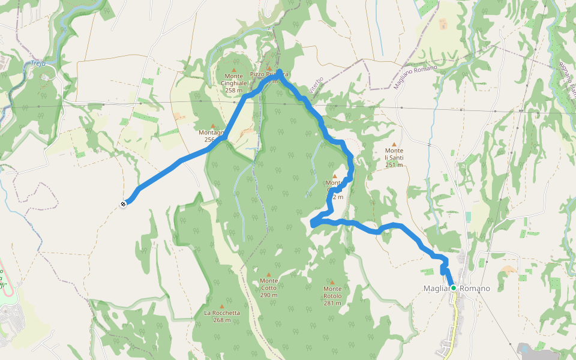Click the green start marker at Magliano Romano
(x=454, y=288)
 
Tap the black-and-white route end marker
(x=123, y=204)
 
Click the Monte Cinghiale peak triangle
(x=234, y=70)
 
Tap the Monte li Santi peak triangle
(x=394, y=145)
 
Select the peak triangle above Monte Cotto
(x=269, y=274)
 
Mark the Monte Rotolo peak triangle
(x=332, y=282)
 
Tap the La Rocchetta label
(x=222, y=313)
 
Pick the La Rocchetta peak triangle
(x=222, y=305)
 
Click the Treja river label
(x=38, y=63)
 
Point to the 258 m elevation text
(x=234, y=91)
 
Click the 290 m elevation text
(x=269, y=295)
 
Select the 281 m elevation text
(x=332, y=303)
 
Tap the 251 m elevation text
(x=394, y=165)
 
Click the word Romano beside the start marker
(x=475, y=289)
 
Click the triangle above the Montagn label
(x=212, y=126)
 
